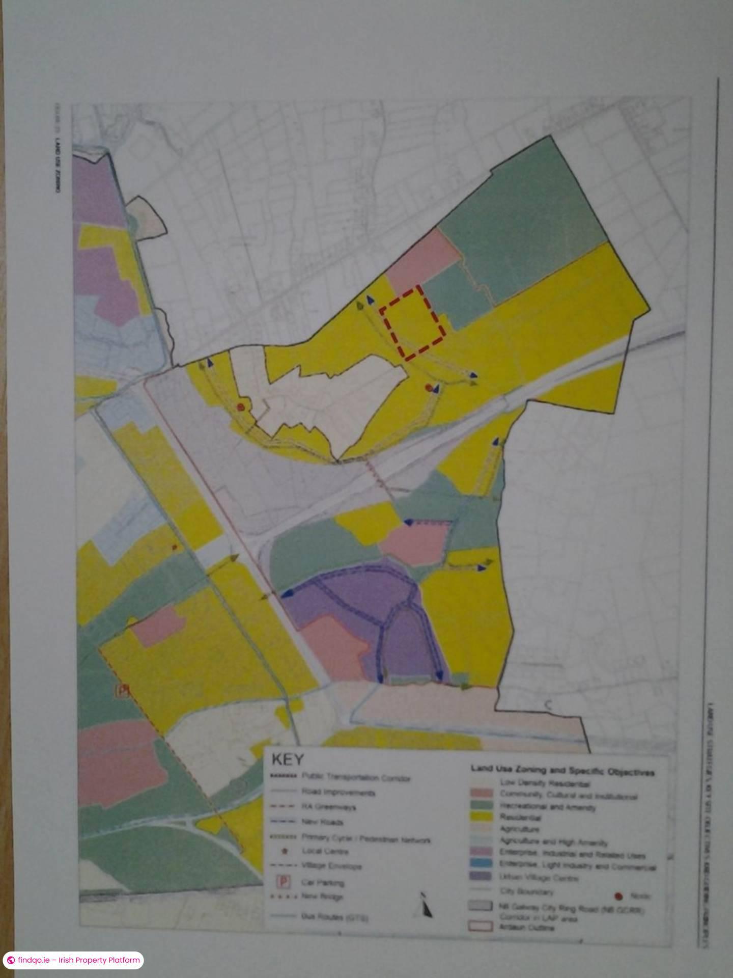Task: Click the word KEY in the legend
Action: click(288, 759)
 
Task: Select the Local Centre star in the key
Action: click(285, 851)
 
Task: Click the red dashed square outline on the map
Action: click(413, 323)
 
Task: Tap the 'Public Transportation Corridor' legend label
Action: click(356, 778)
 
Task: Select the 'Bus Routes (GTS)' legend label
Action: click(335, 917)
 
